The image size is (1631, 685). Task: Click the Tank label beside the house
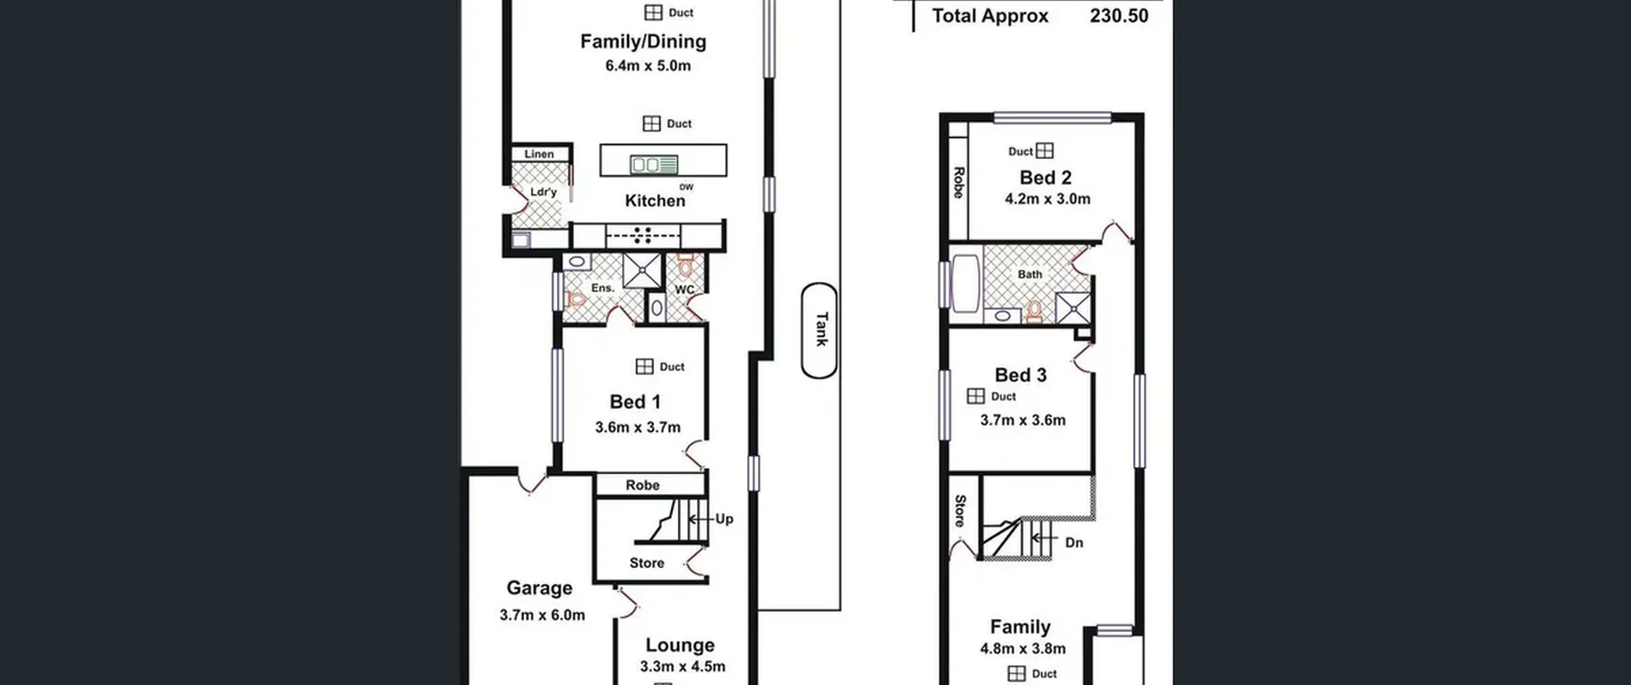click(x=821, y=329)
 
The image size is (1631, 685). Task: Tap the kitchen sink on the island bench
click(x=654, y=165)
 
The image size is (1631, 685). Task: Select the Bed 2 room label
click(x=1045, y=178)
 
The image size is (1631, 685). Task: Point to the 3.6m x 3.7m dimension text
click(x=638, y=428)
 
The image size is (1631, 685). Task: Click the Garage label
click(x=539, y=588)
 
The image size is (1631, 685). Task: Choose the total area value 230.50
click(x=1119, y=16)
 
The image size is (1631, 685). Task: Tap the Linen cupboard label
click(x=539, y=154)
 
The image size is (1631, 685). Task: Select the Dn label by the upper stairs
click(x=1074, y=543)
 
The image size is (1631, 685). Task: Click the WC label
click(x=684, y=290)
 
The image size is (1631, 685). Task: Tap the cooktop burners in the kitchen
click(x=643, y=236)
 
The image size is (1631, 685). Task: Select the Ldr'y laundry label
click(x=543, y=192)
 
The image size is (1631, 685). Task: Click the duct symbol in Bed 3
click(x=975, y=396)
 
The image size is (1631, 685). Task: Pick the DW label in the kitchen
click(x=686, y=187)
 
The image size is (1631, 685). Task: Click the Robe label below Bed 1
click(x=642, y=486)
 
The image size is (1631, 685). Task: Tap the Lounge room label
click(x=680, y=645)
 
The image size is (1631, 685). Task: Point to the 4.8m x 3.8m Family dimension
click(x=1023, y=649)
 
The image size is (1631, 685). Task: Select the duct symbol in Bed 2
click(x=1045, y=151)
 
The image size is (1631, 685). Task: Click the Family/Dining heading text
click(x=643, y=42)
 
